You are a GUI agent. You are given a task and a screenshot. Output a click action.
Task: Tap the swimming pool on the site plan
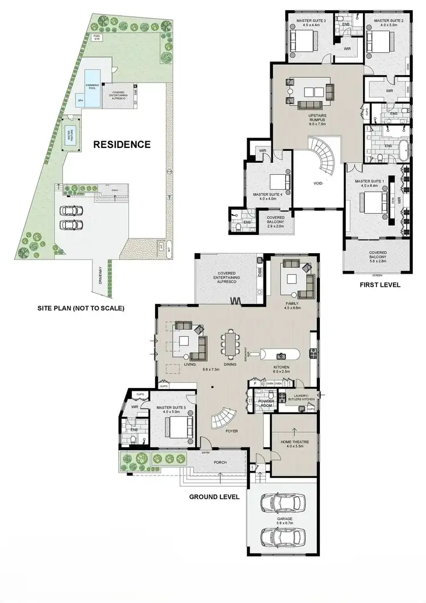(x=91, y=81)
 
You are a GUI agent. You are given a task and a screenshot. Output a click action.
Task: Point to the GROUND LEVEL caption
(x=214, y=496)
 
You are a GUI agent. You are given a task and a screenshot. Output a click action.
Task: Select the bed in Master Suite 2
(x=380, y=43)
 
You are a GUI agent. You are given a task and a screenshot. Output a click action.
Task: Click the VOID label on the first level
(x=318, y=184)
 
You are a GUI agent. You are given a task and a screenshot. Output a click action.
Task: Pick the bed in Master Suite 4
(x=277, y=182)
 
